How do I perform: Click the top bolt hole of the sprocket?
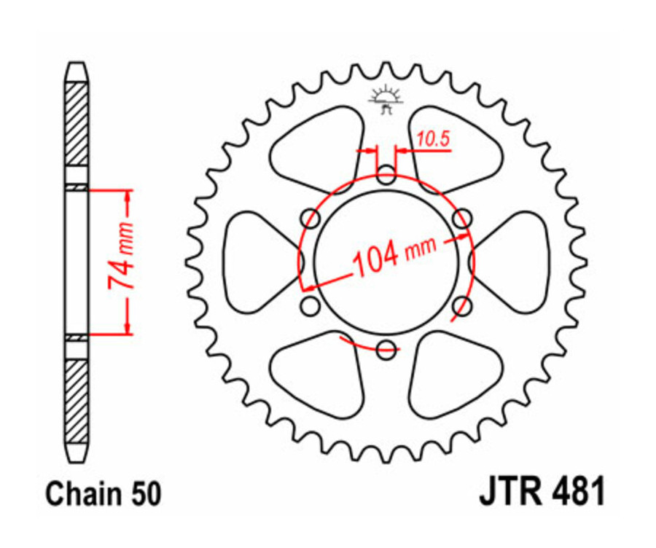pos(387,175)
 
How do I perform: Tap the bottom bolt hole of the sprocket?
pos(387,350)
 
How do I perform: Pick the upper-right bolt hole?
pos(462,219)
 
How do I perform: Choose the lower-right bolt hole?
pos(462,306)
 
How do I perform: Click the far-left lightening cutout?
pos(251,262)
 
